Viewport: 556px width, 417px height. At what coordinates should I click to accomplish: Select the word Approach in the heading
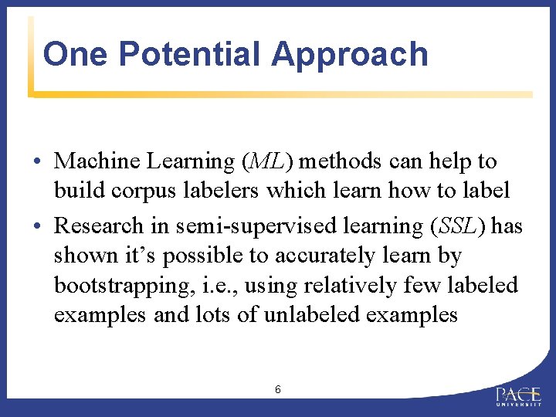tap(350, 54)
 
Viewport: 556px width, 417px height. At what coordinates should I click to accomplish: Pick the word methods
tap(340, 161)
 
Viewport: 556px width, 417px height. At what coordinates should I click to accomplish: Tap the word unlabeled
tap(327, 315)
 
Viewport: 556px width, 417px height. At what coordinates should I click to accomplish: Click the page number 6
tap(277, 389)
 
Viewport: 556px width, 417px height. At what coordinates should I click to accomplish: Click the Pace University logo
tap(519, 396)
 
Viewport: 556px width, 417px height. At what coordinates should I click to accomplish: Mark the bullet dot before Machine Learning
tap(37, 162)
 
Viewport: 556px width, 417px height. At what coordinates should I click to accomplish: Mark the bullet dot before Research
tap(37, 227)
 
